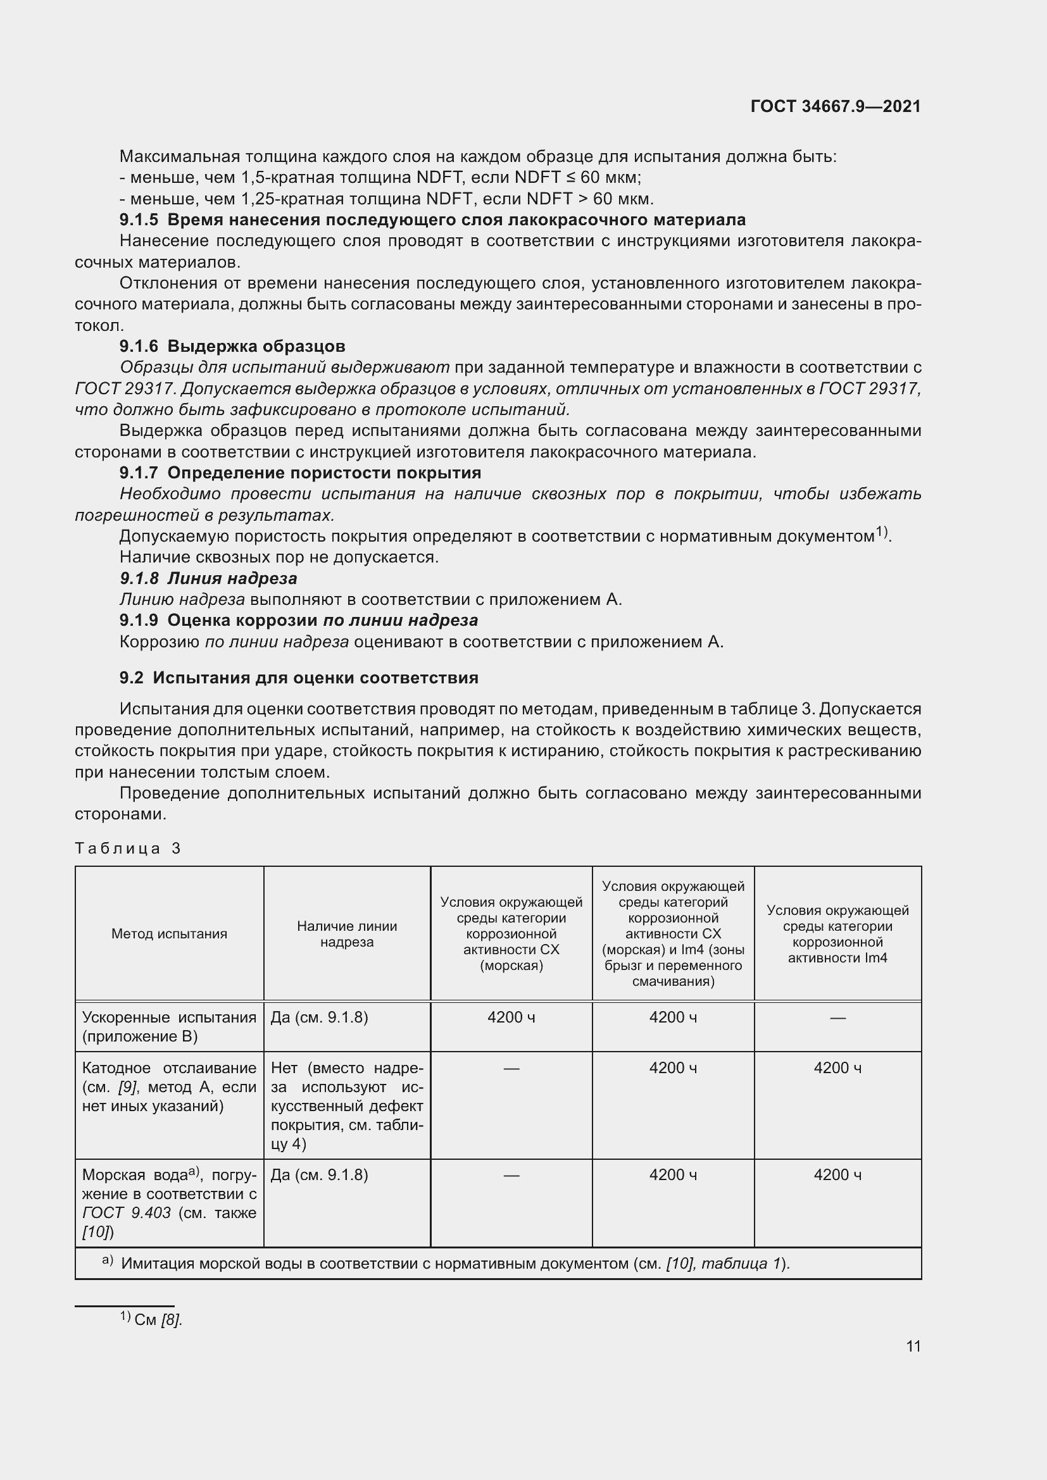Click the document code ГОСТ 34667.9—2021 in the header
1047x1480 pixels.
[x=836, y=106]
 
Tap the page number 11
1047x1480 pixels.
[x=913, y=1346]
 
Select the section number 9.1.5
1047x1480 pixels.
[x=139, y=220]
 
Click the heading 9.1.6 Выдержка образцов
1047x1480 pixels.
[x=232, y=346]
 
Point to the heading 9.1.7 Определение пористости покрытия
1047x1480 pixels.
[x=300, y=473]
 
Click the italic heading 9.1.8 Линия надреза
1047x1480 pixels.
[x=208, y=578]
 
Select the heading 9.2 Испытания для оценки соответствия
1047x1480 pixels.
[x=299, y=678]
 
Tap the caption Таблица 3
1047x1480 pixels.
[x=128, y=849]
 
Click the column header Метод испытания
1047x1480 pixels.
[x=169, y=933]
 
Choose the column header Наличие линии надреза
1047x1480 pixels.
[x=347, y=933]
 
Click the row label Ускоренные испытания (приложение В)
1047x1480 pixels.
[x=169, y=1027]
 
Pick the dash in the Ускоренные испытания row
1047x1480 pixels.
[x=837, y=1018]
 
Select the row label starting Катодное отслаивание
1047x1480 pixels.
[x=169, y=1087]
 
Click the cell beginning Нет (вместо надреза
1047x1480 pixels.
[x=347, y=1105]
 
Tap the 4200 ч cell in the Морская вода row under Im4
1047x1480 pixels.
[x=837, y=1174]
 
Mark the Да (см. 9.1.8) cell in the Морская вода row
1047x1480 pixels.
[x=319, y=1174]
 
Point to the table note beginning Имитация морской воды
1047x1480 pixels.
[x=455, y=1264]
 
